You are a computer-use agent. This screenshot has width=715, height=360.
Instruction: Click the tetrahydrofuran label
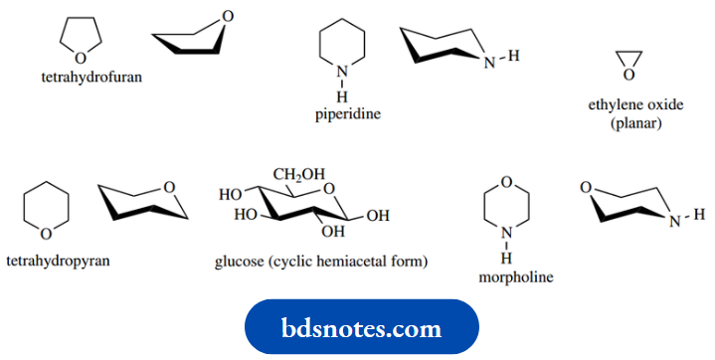[91, 76]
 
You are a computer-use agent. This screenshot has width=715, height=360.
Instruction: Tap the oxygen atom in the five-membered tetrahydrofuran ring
[80, 58]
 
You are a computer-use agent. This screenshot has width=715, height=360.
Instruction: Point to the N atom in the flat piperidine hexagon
[341, 72]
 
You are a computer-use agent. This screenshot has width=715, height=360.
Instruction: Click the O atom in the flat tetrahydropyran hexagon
[46, 234]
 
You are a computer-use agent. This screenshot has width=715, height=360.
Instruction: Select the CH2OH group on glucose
[299, 176]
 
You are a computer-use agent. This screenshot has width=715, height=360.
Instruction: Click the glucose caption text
[321, 263]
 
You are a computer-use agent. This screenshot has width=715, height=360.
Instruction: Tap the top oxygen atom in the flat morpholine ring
[506, 181]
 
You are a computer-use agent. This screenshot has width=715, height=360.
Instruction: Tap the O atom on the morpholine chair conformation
[587, 188]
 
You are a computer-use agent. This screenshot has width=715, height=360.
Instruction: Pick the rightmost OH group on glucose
[377, 214]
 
